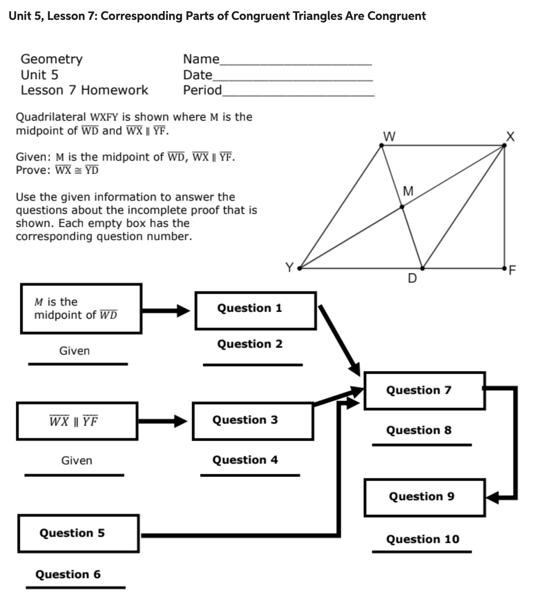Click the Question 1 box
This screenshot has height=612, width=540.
coord(255,311)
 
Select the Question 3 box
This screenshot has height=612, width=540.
coord(252,421)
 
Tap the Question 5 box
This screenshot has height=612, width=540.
coord(78,533)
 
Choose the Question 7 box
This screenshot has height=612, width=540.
coord(425,391)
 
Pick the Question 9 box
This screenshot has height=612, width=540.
coord(425,497)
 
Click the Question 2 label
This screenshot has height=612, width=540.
coord(250,344)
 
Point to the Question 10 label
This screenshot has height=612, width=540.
coord(423,539)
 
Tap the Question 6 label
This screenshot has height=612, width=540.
coord(68,574)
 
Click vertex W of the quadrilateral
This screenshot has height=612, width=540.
coord(381,145)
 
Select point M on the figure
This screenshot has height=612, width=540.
coord(402,207)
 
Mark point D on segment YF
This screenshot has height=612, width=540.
coord(422,268)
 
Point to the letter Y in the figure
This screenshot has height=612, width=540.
coord(290,267)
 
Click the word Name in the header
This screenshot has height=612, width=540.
coord(201,59)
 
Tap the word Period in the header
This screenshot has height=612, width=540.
coord(202,90)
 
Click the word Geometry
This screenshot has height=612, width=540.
coord(52,59)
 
